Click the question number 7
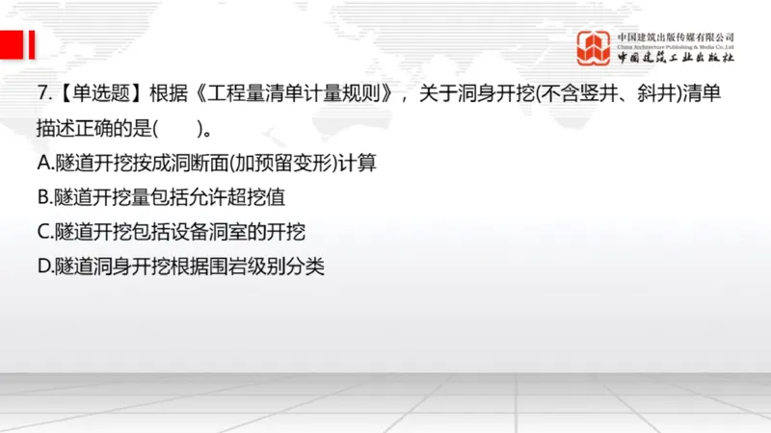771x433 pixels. pos(42,94)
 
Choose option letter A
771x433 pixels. pos(43,163)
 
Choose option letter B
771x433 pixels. pos(43,197)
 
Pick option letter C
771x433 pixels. pos(43,232)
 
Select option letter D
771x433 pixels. pos(43,267)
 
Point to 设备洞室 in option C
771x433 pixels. pos(203,232)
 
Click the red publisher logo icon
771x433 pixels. pos(595,46)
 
